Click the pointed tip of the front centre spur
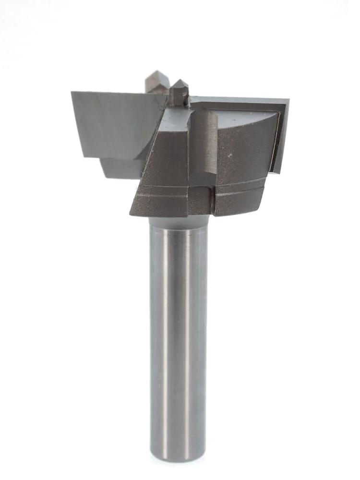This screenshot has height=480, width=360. tap(178, 81)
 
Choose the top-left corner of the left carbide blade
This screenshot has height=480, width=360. tap(72, 92)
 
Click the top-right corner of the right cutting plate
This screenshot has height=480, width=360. tap(288, 100)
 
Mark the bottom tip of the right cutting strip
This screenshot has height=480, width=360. tap(275, 172)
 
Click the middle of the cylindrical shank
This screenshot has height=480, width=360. tap(178, 336)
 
